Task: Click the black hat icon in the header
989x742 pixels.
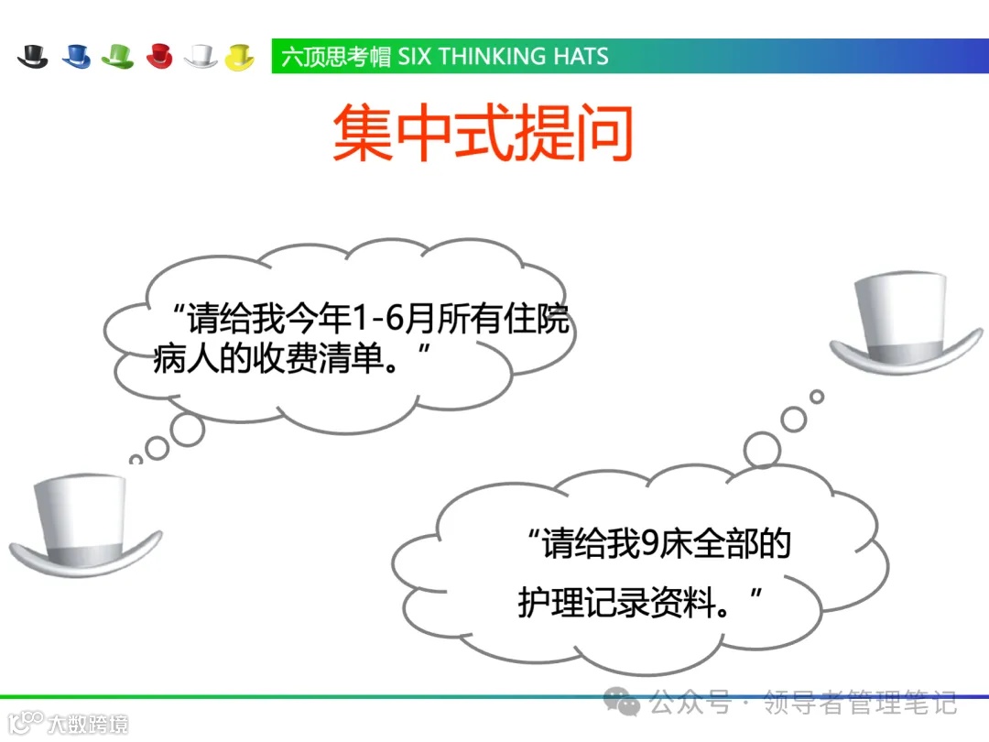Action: (33, 56)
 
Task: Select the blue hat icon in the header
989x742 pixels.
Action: (77, 56)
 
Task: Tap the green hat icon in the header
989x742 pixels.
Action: (118, 56)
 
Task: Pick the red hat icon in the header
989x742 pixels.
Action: (159, 56)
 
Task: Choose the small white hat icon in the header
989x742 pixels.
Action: (201, 56)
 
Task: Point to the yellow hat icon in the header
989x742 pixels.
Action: (240, 56)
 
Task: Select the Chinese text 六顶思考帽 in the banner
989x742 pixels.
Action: (336, 56)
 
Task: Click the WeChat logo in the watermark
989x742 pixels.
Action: (627, 703)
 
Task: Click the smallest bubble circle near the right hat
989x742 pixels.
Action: (817, 397)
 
